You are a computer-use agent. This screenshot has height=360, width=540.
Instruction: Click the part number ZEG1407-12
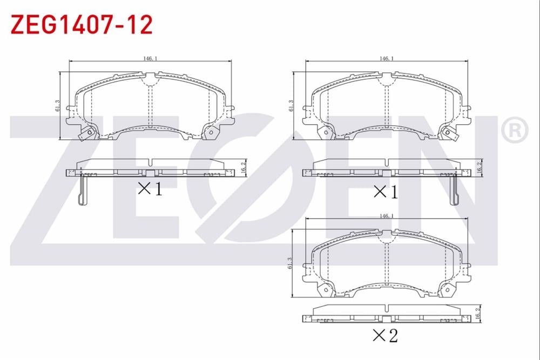[x=82, y=24]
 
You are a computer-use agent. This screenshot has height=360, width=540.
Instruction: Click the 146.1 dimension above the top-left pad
[x=150, y=58]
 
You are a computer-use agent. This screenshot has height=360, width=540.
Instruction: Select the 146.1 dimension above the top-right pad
[x=387, y=58]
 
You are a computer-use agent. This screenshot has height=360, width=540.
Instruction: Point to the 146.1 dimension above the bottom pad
[x=387, y=216]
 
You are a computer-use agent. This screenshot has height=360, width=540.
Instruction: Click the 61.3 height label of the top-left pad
[x=57, y=105]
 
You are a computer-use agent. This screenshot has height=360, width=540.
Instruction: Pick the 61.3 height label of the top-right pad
[x=291, y=105]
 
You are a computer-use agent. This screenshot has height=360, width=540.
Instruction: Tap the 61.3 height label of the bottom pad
[x=289, y=263]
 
